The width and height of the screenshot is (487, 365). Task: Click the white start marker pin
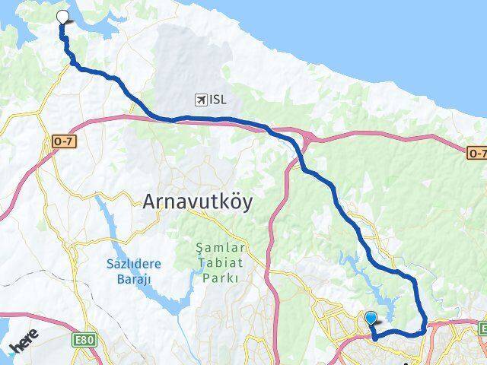pyautogui.click(x=62, y=17)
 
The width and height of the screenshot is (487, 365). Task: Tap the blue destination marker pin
pyautogui.click(x=371, y=318)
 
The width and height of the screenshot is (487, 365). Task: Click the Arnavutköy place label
pyautogui.click(x=197, y=201)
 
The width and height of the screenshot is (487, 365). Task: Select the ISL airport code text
pyautogui.click(x=218, y=100)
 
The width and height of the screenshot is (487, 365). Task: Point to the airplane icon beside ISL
pyautogui.click(x=200, y=100)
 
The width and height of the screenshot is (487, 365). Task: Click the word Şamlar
pyautogui.click(x=221, y=248)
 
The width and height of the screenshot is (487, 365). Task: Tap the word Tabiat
pyautogui.click(x=221, y=263)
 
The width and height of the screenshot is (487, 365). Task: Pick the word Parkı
pyautogui.click(x=221, y=278)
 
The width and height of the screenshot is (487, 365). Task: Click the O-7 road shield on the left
pyautogui.click(x=63, y=141)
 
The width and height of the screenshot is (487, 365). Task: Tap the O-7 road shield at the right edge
pyautogui.click(x=476, y=154)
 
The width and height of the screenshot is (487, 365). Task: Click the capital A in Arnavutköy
pyautogui.click(x=150, y=201)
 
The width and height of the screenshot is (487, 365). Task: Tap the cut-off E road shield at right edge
pyautogui.click(x=482, y=328)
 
